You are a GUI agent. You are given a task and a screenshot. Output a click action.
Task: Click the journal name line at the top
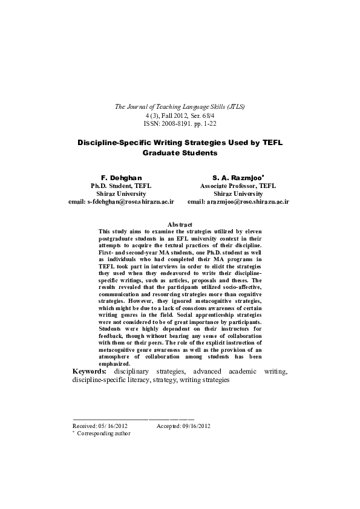pyautogui.click(x=180, y=106)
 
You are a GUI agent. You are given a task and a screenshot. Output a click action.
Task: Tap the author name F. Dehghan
pyautogui.click(x=121, y=177)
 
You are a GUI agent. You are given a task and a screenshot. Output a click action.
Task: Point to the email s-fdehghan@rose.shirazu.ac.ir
pyautogui.click(x=122, y=201)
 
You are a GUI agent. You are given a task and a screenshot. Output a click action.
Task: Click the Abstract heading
pyautogui.click(x=180, y=224)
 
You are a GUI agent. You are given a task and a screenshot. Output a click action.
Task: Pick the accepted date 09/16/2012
pyautogui.click(x=195, y=426)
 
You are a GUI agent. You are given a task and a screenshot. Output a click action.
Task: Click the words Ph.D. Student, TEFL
pyautogui.click(x=121, y=186)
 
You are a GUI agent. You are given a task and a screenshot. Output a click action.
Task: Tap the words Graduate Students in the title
pyautogui.click(x=180, y=153)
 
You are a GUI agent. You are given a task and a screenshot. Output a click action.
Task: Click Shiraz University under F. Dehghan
pyautogui.click(x=121, y=193)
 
